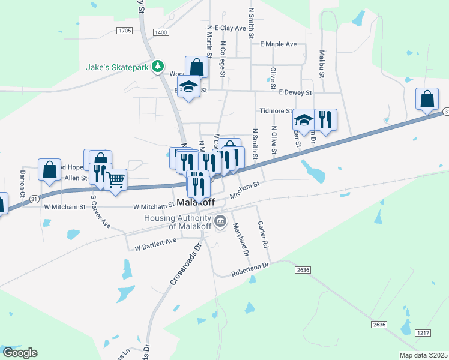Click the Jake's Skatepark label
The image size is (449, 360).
coord(116,67)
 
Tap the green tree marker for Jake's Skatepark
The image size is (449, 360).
coord(158,66)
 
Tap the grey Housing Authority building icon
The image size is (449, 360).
coord(220,222)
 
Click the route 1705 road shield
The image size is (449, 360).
coord(125,30)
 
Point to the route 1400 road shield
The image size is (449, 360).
coord(160,32)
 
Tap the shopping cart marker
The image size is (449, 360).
coord(115,178)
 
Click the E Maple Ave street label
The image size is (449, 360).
coord(279,44)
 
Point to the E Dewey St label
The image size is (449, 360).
coord(295,92)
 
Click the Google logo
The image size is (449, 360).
coord(19,353)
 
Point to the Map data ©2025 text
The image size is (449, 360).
coord(424,355)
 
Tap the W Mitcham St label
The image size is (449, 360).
coord(64,207)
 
